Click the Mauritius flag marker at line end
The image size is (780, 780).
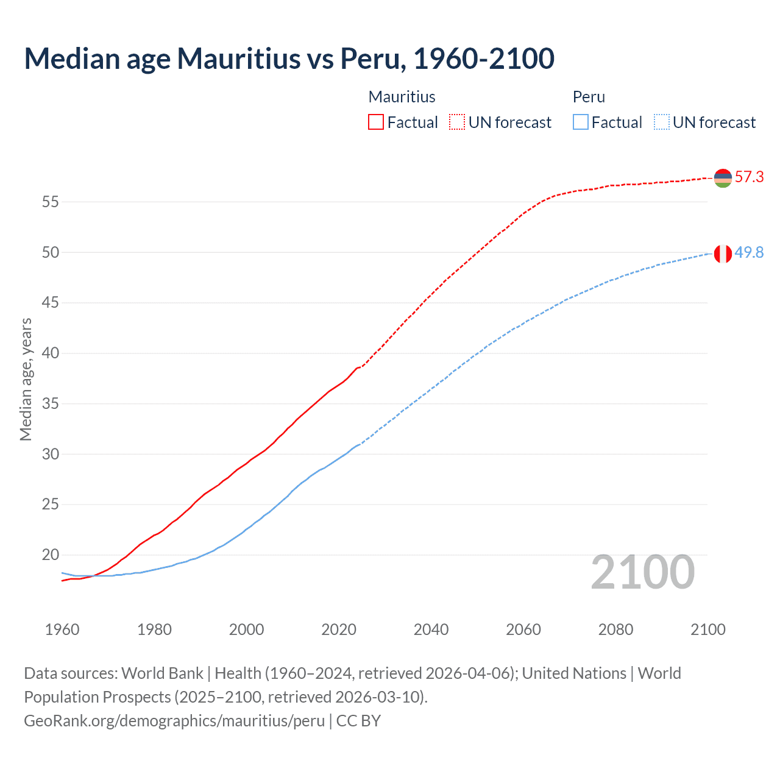pos(723,178)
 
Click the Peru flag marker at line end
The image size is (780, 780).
pos(723,253)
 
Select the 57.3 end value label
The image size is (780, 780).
pos(749,177)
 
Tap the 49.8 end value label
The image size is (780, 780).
pos(749,253)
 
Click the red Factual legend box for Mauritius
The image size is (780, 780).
pos(376,122)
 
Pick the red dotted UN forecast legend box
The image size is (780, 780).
pos(457,122)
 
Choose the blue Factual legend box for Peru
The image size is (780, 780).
pos(581,122)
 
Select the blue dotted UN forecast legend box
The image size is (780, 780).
pos(662,122)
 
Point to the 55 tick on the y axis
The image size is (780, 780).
pos(51,202)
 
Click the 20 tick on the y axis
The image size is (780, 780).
pos(51,555)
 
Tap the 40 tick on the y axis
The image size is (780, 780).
pos(51,353)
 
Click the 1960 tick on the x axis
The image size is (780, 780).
pos(62,629)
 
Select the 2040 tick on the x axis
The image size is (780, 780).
pos(431,629)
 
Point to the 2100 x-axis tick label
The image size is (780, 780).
pos(707,629)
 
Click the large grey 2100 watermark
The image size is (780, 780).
pos(642,572)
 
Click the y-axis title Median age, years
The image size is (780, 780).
pos(26,379)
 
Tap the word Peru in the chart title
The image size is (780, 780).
pos(369,58)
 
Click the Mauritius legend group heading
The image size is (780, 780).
pos(402,97)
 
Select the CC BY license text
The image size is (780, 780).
pos(358,721)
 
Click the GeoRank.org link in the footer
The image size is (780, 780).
pos(174,721)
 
